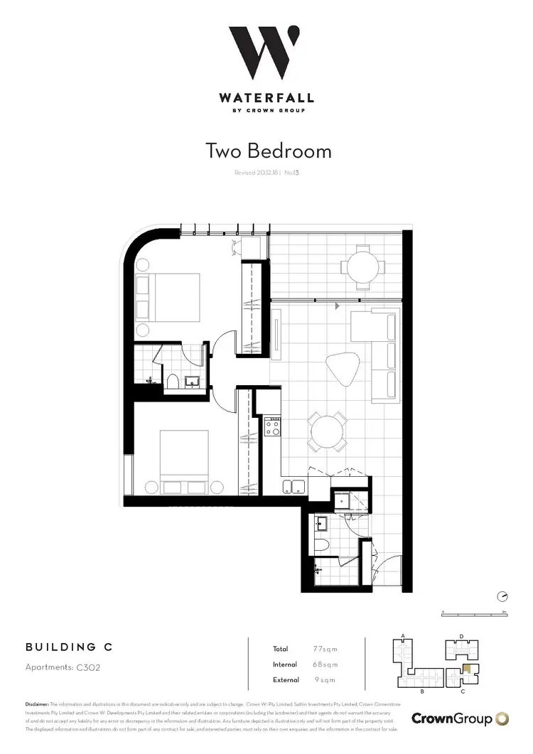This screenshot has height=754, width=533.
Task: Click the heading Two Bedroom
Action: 268,151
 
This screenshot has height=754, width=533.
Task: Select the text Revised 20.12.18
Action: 256,173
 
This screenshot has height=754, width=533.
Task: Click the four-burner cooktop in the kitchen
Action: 273,426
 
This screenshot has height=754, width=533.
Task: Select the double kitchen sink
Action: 294,487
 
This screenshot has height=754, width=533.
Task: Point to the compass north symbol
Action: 502,596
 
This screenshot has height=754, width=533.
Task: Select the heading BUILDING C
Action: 68,647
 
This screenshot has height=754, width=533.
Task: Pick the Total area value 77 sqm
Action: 325,649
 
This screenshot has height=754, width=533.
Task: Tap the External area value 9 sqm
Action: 325,681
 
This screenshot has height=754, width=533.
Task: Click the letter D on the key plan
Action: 461,636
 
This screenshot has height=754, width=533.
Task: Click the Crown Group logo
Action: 461,718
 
